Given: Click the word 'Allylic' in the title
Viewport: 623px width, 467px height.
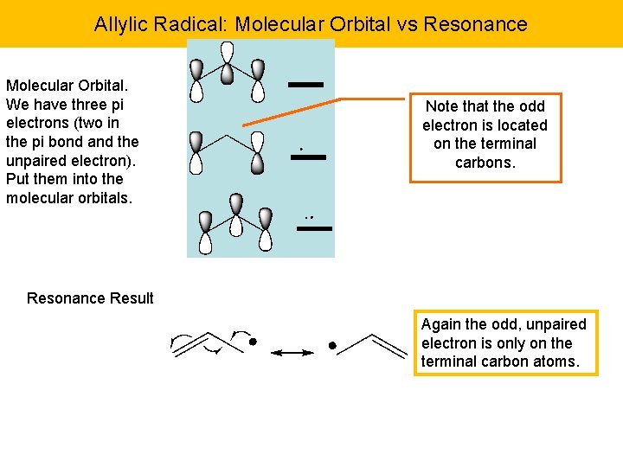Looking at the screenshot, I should (121, 24).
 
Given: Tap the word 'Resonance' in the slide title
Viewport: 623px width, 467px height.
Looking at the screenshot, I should (483, 24).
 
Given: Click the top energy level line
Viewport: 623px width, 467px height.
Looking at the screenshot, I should (305, 85).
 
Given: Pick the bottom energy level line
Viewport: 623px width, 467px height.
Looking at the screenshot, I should (314, 228).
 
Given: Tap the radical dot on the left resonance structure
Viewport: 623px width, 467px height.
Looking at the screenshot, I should (253, 342).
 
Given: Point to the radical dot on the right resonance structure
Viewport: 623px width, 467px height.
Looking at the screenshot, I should (332, 345).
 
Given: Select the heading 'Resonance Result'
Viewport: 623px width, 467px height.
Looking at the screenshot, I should (90, 298).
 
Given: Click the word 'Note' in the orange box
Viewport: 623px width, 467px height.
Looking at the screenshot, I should (442, 106).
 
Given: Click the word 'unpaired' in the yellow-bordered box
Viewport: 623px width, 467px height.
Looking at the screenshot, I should (556, 324).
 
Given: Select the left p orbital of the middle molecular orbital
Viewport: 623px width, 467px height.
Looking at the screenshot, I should (196, 150).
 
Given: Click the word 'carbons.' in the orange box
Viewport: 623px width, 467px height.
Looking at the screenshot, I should (485, 163).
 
